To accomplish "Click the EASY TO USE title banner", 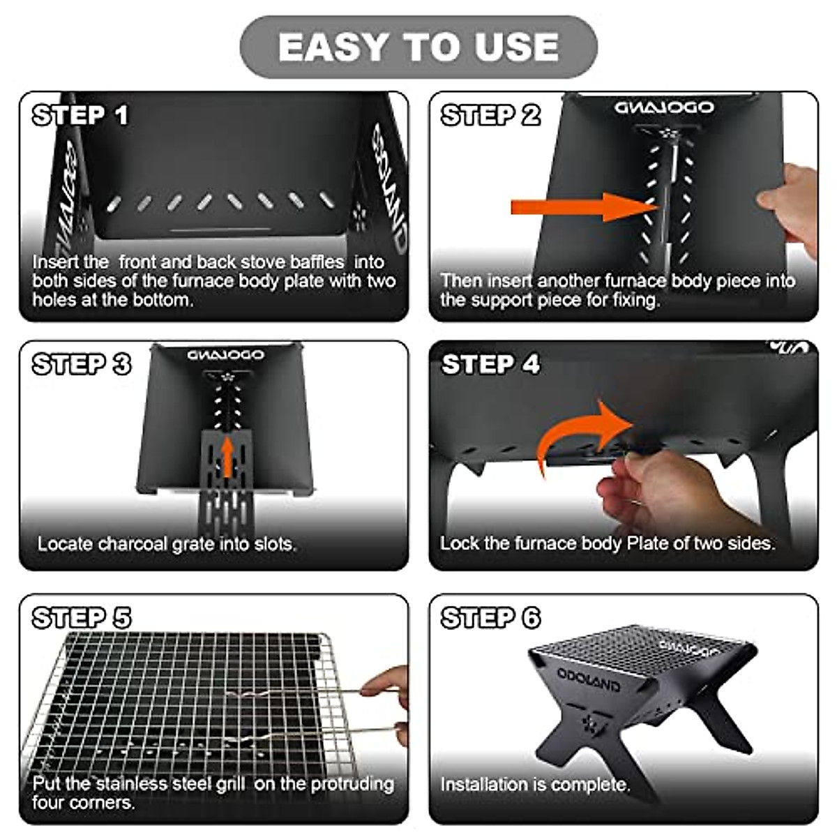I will [418, 47].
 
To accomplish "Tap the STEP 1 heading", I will [81, 115].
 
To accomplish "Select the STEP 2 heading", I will [490, 115].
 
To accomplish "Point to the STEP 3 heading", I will [82, 364].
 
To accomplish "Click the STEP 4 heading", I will [490, 364].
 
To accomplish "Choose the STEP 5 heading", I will [82, 618].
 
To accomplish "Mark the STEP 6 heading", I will [490, 618].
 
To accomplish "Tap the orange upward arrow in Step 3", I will [227, 456].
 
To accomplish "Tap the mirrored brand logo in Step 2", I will [663, 107].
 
